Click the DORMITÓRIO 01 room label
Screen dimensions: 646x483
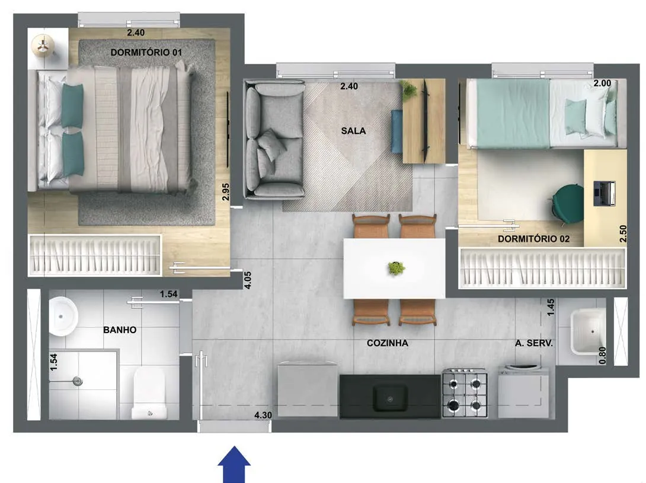click(146, 52)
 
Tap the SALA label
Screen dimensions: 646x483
click(353, 130)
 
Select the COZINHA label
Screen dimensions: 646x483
click(387, 343)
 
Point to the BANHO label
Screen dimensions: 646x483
click(120, 330)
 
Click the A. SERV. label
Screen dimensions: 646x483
click(533, 343)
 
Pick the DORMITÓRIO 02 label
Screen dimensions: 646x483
click(533, 239)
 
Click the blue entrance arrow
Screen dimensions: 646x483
click(234, 465)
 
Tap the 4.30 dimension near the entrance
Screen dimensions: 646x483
click(263, 415)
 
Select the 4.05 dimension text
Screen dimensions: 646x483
click(248, 280)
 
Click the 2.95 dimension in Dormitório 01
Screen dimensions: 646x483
click(225, 191)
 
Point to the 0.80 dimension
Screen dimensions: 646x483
click(602, 355)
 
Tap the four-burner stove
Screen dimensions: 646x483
click(465, 393)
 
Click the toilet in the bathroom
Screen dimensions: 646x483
click(149, 394)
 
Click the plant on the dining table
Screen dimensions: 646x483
click(396, 268)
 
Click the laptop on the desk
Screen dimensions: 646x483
click(604, 193)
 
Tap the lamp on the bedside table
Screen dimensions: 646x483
click(43, 45)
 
